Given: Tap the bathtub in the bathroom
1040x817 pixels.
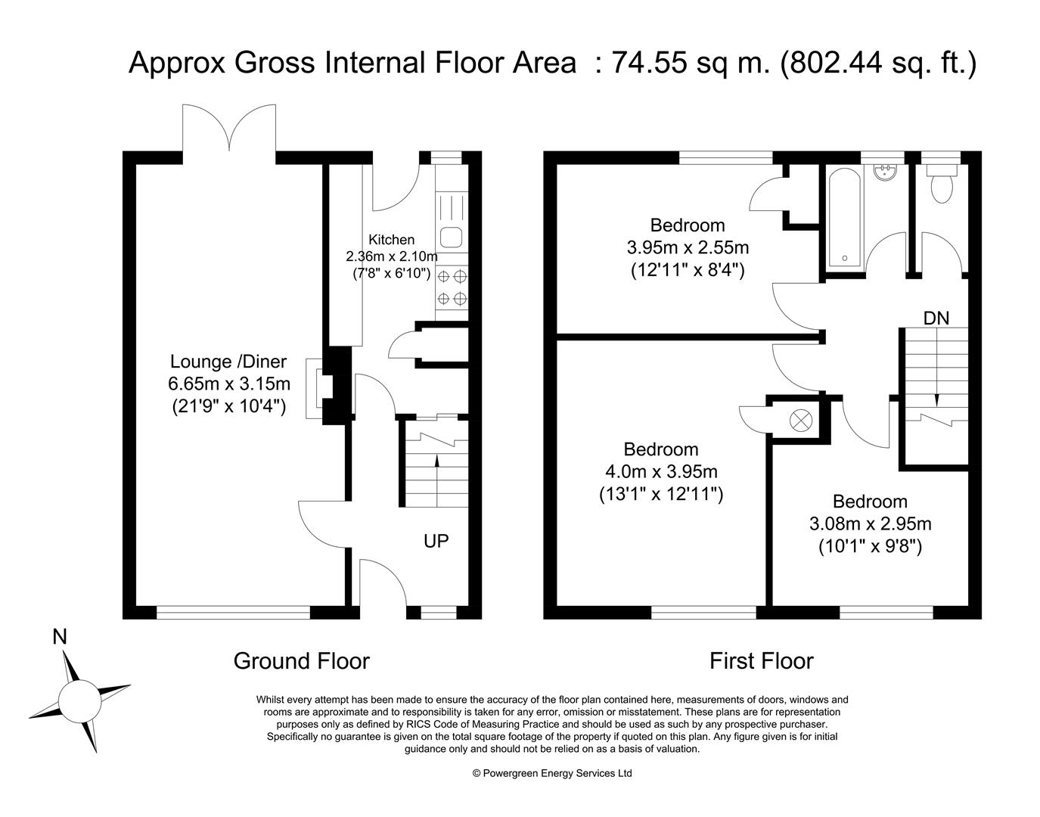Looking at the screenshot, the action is (x=844, y=218).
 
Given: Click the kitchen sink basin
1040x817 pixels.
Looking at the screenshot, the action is (x=451, y=237).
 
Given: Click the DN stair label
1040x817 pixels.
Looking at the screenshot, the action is (x=936, y=318).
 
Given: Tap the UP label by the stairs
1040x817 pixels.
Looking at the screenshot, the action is (x=436, y=541).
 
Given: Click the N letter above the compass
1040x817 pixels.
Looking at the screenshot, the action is (x=59, y=636).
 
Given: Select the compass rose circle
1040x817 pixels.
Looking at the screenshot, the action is (x=79, y=703).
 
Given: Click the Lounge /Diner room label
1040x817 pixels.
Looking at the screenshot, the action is (x=228, y=362).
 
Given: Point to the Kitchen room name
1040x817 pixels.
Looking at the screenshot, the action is (x=391, y=240).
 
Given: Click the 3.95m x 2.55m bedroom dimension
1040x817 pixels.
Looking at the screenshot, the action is (x=688, y=247).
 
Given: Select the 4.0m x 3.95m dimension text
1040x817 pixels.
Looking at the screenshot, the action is (x=661, y=471).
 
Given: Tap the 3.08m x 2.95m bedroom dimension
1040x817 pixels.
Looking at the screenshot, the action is (x=870, y=523).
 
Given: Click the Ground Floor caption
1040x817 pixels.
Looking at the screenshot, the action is (x=302, y=661).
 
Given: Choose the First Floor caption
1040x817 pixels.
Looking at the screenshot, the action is (x=761, y=661).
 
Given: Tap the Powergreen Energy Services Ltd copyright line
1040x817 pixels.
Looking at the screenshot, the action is (x=552, y=773).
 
